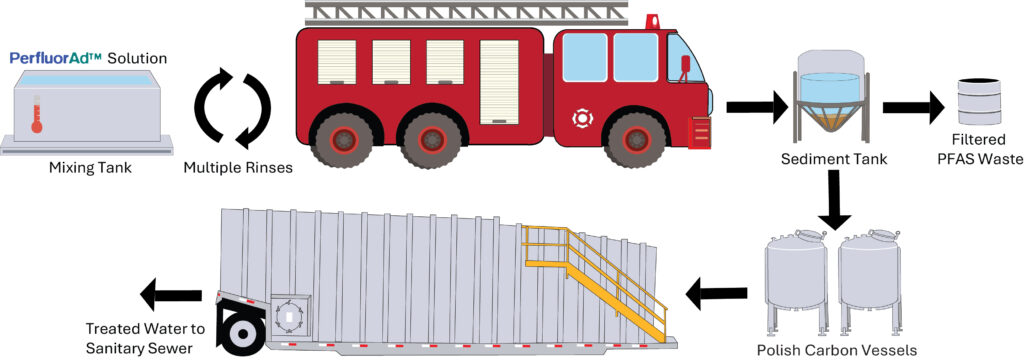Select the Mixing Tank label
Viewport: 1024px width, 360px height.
coord(91,168)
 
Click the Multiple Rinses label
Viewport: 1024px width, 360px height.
coord(238,168)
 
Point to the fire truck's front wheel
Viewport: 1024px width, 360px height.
coord(635,139)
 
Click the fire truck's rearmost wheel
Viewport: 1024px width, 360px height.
coord(340,140)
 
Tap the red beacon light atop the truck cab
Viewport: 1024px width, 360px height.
coord(652,22)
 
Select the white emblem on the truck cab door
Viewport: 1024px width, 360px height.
coord(581,119)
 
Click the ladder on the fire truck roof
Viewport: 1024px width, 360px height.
coord(466,13)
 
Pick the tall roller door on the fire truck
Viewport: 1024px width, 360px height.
coord(499,82)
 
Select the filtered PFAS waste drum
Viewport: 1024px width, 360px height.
coord(979,101)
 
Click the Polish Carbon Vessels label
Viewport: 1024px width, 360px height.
coord(837,351)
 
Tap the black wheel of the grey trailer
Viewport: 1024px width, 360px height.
coord(242,333)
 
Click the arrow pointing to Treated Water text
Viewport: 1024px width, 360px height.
coord(171,295)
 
